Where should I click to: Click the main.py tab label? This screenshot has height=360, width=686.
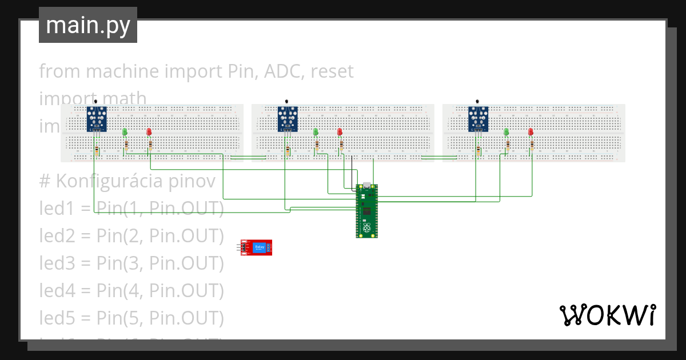coord(87,25)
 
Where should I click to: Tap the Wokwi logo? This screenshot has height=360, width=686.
coord(607,315)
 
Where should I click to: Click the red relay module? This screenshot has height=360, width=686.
coord(256,247)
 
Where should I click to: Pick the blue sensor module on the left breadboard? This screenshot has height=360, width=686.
coord(97,119)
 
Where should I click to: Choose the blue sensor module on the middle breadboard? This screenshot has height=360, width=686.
coord(288,119)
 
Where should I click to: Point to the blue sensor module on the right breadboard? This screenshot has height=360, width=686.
coord(478,119)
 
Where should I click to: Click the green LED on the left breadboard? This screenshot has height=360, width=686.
coord(125,132)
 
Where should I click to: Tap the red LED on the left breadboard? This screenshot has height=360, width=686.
coord(149,132)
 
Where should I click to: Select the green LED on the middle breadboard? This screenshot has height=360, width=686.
coord(316,132)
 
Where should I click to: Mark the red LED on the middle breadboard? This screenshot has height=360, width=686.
coord(340,132)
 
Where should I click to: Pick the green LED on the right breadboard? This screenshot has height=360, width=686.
coord(506,132)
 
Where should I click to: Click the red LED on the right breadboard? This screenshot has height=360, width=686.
coord(531,132)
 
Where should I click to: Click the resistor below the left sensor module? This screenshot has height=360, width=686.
coord(97,151)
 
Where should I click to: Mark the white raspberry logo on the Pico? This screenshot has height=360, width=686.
coord(366,229)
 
